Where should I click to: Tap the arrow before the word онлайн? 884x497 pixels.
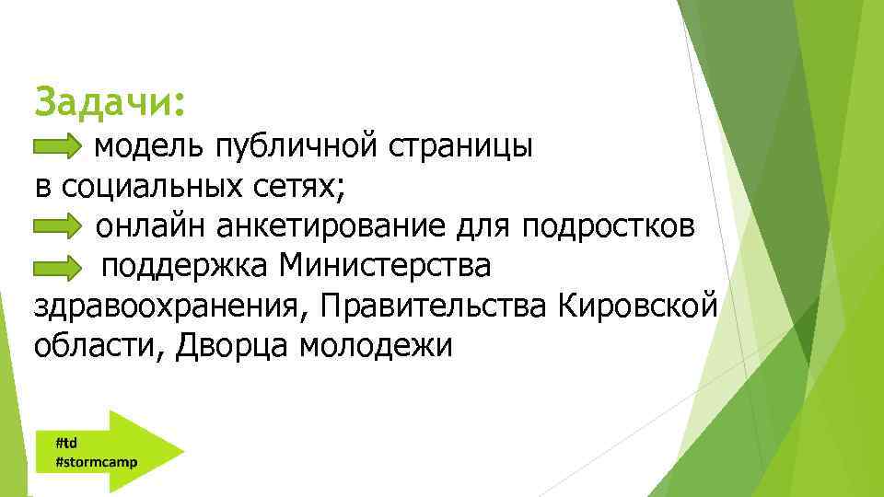57,226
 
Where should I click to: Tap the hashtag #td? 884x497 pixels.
66,442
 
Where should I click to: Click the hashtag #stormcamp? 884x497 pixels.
97,461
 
